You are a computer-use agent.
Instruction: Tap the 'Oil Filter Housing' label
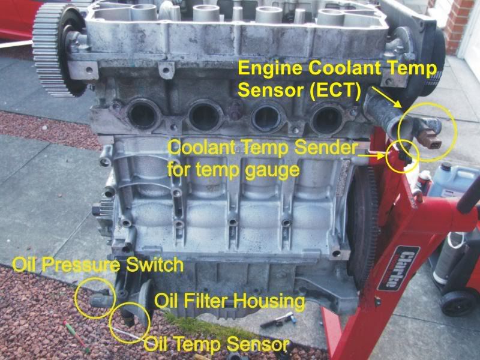[230, 300]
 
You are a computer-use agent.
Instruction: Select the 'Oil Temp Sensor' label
[216, 344]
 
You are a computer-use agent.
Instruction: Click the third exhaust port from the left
[267, 115]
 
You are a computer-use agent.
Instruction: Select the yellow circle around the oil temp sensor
[130, 322]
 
